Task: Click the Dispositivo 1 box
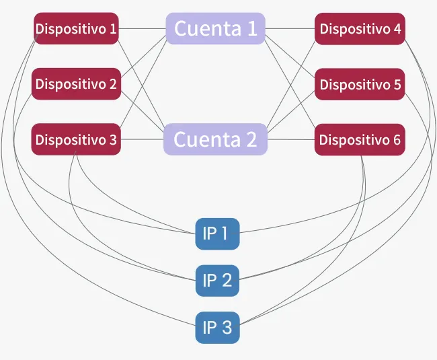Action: [x=77, y=28]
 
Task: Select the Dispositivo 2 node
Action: [x=77, y=83]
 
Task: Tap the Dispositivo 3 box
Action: [x=76, y=139]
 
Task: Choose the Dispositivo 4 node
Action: [x=360, y=29]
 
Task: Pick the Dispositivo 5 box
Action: [x=360, y=84]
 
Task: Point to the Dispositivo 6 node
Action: [x=360, y=140]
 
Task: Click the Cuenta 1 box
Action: [x=215, y=28]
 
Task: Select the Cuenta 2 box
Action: [x=215, y=139]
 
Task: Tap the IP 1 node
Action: [x=217, y=234]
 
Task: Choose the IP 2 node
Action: [x=217, y=281]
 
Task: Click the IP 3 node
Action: [x=217, y=328]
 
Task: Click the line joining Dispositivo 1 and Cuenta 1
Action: [x=143, y=28]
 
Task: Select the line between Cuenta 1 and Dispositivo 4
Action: [x=290, y=28]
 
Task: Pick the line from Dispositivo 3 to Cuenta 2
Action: [x=142, y=139]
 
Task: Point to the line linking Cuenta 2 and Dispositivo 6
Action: [x=291, y=139]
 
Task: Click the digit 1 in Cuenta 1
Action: [x=252, y=28]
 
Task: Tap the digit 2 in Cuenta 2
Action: [x=251, y=139]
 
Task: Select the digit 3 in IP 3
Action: [x=227, y=328]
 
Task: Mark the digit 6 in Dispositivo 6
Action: [x=397, y=140]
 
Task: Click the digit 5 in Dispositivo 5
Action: [x=397, y=85]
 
